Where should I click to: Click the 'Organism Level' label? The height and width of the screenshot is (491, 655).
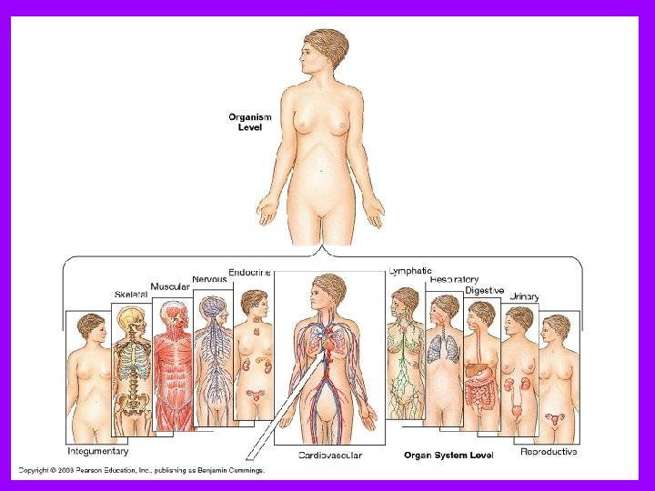coord(250,122)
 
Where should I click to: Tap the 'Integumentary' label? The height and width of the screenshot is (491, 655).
coord(98,450)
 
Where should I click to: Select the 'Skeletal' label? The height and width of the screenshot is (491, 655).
coord(131,295)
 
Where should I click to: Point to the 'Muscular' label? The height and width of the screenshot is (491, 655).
coord(170,286)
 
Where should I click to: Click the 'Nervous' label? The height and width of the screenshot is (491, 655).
coord(209,279)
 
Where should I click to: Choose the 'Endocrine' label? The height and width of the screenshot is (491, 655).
coord(249,272)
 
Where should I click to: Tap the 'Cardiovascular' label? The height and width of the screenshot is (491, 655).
coord(330,455)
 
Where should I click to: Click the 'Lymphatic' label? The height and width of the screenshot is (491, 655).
coord(410,271)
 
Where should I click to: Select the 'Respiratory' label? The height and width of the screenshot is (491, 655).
coord(454,280)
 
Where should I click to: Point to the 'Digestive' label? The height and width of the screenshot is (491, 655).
coord(485,290)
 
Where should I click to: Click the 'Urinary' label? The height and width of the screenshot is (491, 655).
coord(524,296)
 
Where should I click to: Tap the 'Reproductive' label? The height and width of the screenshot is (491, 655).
coord(549,451)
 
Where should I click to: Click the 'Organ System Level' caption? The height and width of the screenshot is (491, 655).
coord(448,455)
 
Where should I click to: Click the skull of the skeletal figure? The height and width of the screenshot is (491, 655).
coord(133,319)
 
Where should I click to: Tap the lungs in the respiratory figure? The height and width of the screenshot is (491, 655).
coord(445,348)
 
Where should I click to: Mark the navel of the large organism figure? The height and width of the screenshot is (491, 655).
coord(323,169)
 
